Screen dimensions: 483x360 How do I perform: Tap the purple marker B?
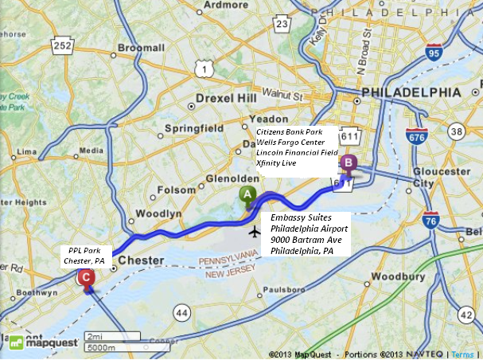pyautogui.click(x=349, y=163)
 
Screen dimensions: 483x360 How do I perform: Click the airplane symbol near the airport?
pyautogui.click(x=254, y=232)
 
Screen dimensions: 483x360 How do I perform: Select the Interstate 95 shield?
pyautogui.click(x=433, y=53)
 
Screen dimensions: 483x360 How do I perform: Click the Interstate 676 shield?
pyautogui.click(x=414, y=138)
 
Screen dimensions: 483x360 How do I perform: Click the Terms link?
pyautogui.click(x=465, y=353)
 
